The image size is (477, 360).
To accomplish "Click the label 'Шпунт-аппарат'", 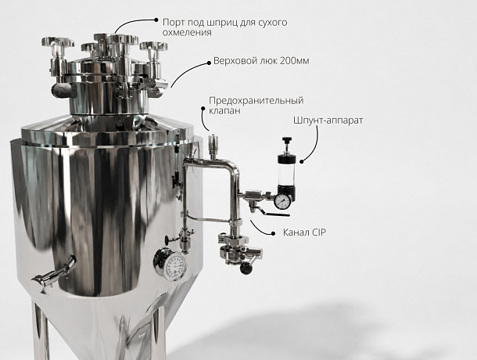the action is pos(328,121).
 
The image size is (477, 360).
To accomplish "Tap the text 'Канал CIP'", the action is pos(304,232).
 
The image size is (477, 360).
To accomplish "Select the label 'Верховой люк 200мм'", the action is pos(261,61).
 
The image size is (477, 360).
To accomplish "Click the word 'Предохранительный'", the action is pos(256,100).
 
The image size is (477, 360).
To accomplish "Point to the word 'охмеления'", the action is pos(187,33).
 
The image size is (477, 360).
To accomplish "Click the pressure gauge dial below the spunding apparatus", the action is pos(283,201).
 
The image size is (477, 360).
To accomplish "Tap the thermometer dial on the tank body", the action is pos(175,266).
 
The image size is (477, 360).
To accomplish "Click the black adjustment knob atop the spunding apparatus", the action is pos(286,140).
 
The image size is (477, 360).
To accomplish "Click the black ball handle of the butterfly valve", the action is pos(246,268).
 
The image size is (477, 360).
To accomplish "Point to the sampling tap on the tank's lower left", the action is pos(53,273).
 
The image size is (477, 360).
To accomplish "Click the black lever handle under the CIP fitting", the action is pos(277,214).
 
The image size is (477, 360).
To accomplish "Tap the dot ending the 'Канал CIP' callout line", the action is pos(273,233).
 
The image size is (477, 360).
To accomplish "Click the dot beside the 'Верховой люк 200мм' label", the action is pos(209,63).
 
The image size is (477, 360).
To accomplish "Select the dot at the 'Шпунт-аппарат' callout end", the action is pos(302,161).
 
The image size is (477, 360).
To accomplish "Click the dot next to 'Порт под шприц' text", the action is pos(156,20).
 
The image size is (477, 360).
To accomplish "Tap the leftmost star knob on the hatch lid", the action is pos(58,41).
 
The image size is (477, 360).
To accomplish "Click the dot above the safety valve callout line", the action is pos(203,107).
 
